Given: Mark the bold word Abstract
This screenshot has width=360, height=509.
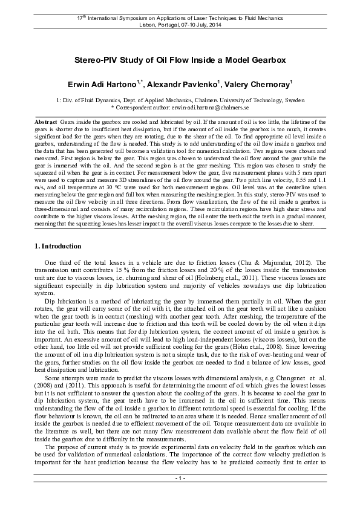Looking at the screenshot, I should pyautogui.click(x=47, y=122).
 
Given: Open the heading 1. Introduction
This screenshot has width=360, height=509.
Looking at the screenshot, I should pyautogui.click(x=56, y=246).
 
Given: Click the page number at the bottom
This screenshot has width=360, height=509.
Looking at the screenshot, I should pyautogui.click(x=180, y=495).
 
